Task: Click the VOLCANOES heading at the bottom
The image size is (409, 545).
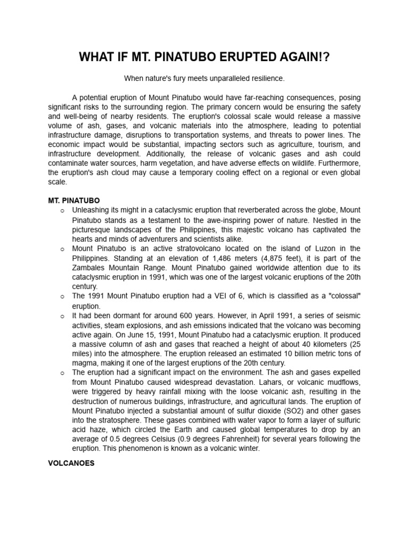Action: coord(71,463)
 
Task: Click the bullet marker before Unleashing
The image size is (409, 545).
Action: coord(62,211)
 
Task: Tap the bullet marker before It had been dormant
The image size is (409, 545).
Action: coord(62,316)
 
